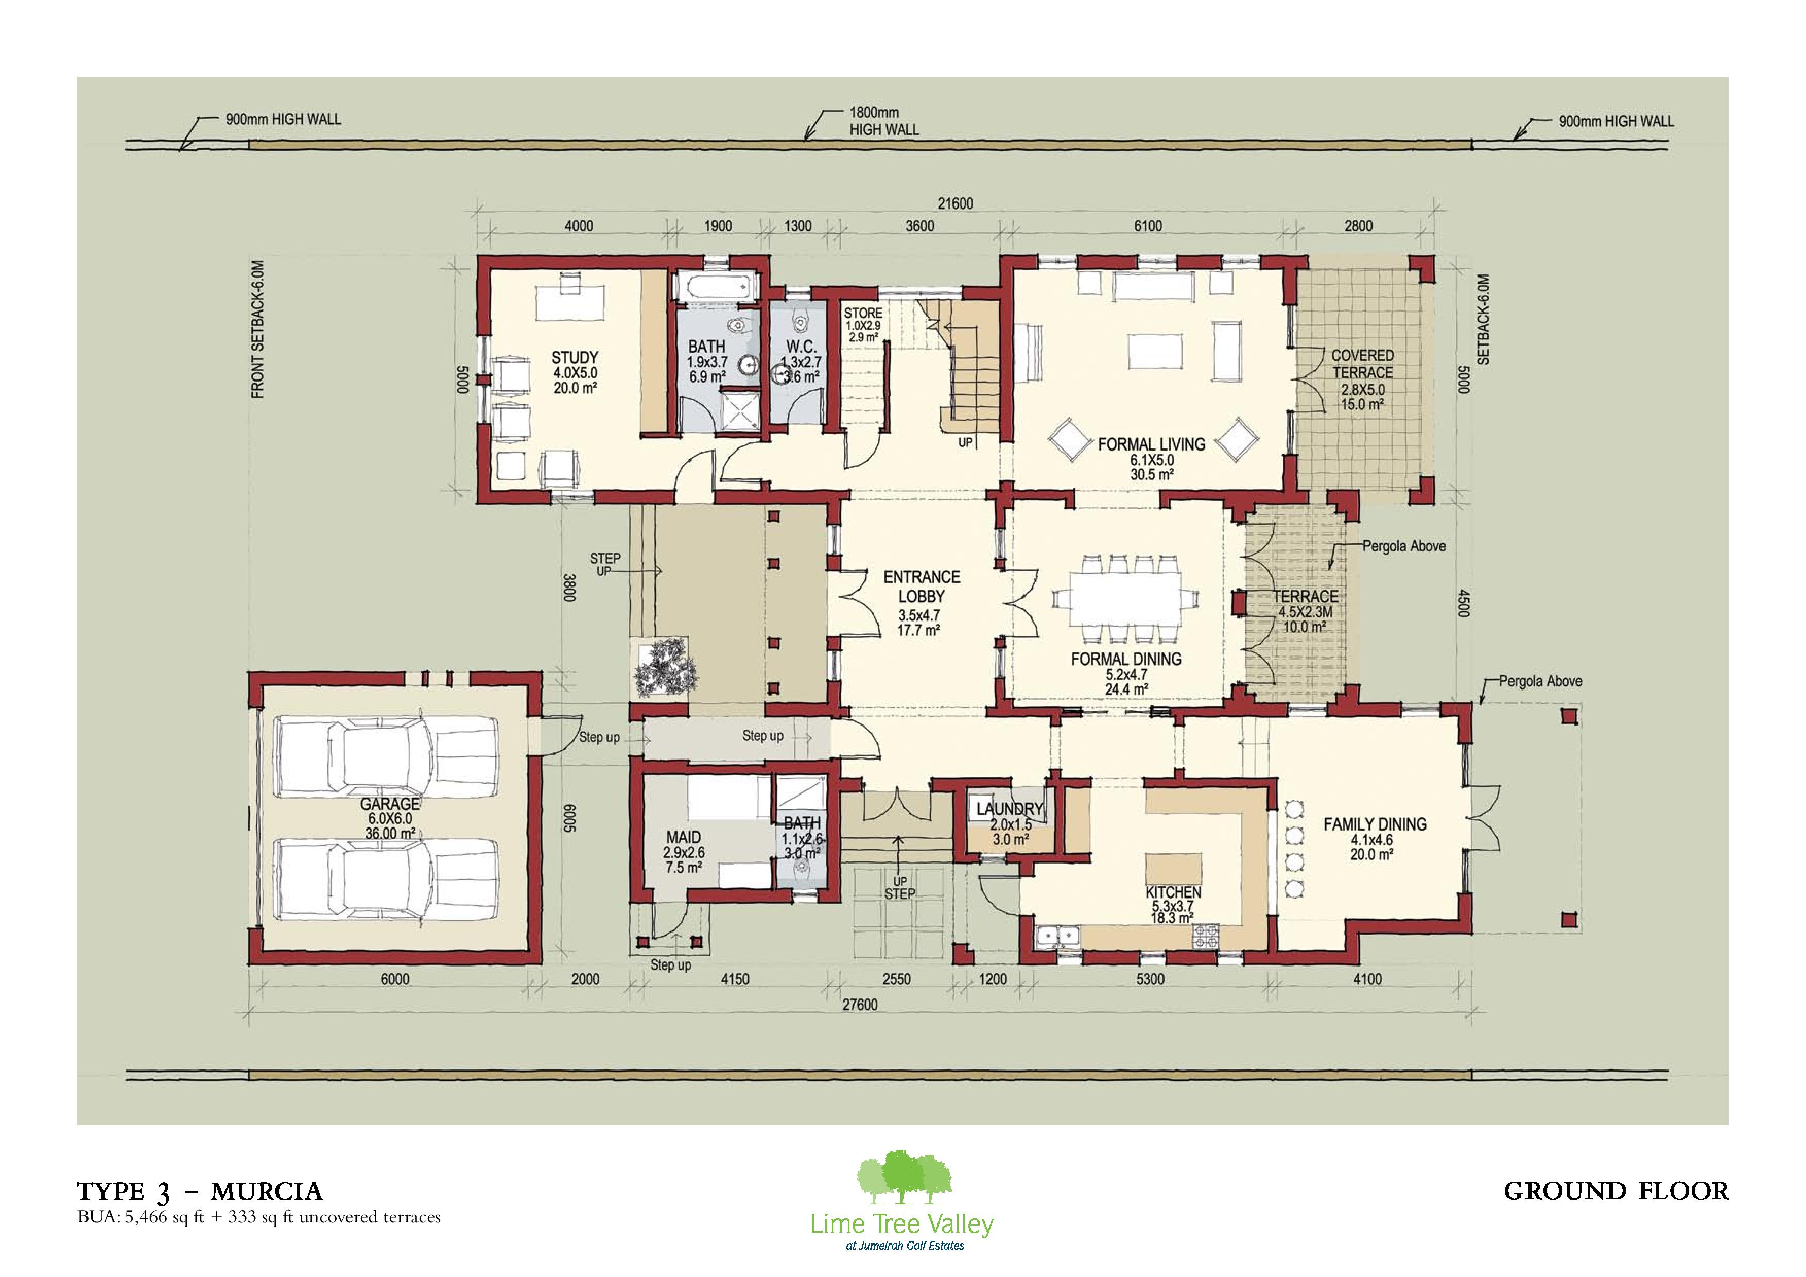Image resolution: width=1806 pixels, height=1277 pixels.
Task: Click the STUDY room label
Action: [x=575, y=357]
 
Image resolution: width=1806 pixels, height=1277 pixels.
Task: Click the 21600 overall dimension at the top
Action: [x=955, y=204]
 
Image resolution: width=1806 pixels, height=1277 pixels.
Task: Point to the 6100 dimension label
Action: [x=1148, y=226]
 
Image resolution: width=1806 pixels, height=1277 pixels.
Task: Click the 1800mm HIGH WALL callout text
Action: [x=884, y=121]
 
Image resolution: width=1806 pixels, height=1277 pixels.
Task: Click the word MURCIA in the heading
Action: [x=267, y=1192]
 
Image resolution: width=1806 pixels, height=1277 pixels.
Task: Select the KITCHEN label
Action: [x=1173, y=892]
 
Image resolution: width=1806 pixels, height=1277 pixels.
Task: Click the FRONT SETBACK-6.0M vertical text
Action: [x=258, y=330]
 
